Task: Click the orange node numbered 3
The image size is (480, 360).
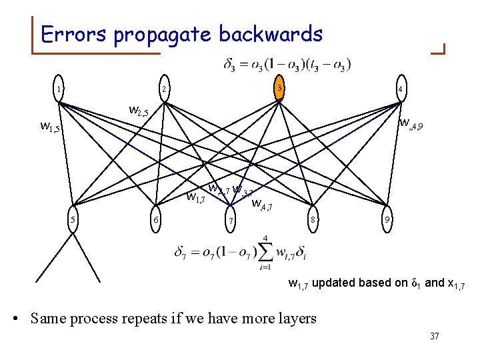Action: (x=280, y=89)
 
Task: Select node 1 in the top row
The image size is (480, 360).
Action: (x=59, y=89)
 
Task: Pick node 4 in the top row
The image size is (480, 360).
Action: (x=399, y=89)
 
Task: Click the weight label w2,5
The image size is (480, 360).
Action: (x=142, y=111)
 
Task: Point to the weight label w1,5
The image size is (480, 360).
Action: (x=51, y=125)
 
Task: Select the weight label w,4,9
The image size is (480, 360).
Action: (x=410, y=123)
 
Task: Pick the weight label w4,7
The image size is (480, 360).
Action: (x=262, y=205)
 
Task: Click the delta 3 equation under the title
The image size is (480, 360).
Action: (x=287, y=65)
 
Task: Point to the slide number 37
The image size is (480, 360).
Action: (x=434, y=336)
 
